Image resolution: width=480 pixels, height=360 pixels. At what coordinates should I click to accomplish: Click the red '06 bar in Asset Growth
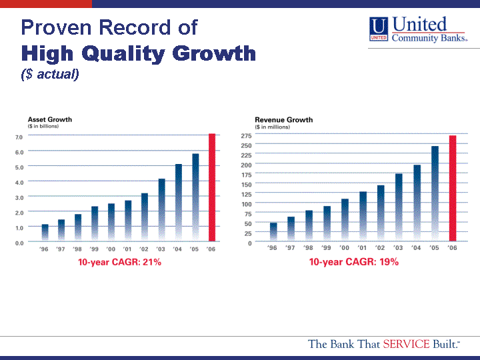pyautogui.click(x=212, y=188)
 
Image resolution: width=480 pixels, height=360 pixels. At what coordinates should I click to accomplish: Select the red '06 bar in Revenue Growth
pyautogui.click(x=452, y=189)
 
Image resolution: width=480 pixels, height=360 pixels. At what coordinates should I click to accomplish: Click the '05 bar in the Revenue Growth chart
pyautogui.click(x=435, y=193)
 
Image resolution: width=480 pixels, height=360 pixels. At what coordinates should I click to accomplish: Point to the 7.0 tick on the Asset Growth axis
pyautogui.click(x=19, y=137)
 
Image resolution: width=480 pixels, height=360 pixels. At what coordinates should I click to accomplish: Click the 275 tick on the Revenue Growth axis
pyautogui.click(x=246, y=135)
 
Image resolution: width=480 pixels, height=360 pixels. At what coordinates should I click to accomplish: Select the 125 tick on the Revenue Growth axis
pyautogui.click(x=246, y=194)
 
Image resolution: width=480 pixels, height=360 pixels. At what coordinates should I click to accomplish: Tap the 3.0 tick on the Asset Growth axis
pyautogui.click(x=19, y=197)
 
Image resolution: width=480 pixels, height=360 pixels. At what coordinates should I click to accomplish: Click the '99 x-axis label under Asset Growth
pyautogui.click(x=95, y=249)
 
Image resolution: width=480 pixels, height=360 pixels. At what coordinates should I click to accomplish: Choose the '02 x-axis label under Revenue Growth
pyautogui.click(x=380, y=248)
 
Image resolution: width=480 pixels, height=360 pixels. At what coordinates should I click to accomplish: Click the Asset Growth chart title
pyautogui.click(x=50, y=119)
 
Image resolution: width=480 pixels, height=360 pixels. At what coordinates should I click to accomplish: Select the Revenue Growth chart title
pyautogui.click(x=283, y=120)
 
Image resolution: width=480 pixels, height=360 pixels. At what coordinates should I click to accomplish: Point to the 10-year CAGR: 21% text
pyautogui.click(x=119, y=262)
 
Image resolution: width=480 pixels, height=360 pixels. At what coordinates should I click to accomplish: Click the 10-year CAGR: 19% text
pyautogui.click(x=353, y=262)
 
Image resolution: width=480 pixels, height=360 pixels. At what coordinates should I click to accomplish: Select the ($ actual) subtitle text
pyautogui.click(x=50, y=74)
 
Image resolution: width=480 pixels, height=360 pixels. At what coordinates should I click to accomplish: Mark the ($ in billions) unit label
pyautogui.click(x=43, y=126)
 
